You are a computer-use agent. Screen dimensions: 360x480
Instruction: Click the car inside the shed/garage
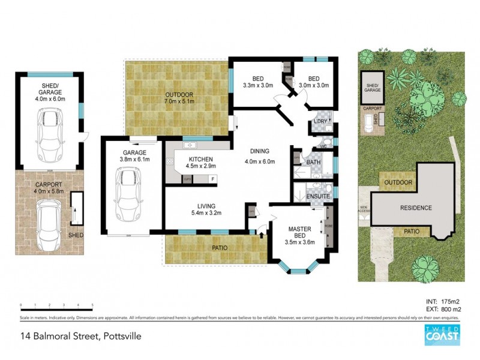click(50, 133)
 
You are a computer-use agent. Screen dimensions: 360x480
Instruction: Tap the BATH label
click(313, 162)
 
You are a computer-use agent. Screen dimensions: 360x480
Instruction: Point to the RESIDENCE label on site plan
click(416, 208)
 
